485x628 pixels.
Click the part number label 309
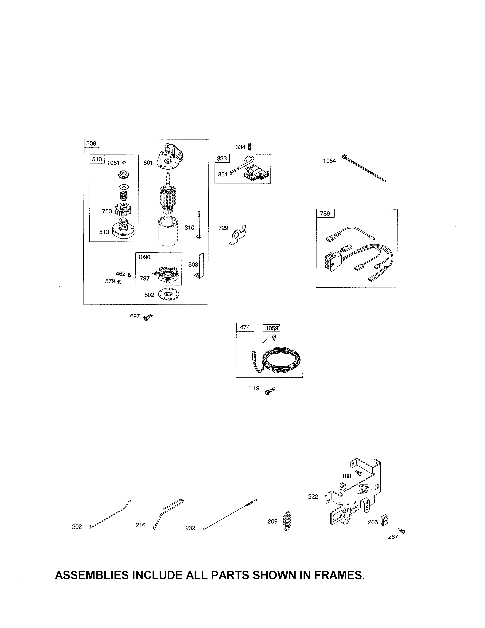pos(91,143)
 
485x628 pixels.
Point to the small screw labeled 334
pos(249,147)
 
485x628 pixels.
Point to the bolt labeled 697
pos(148,317)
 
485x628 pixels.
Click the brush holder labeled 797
pos(167,273)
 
